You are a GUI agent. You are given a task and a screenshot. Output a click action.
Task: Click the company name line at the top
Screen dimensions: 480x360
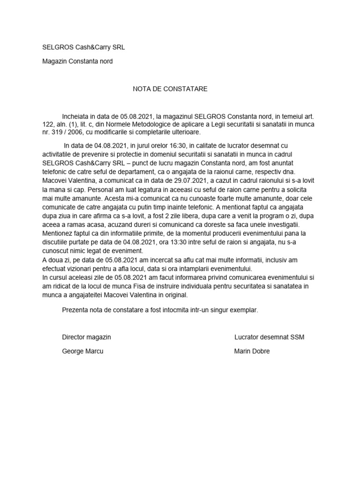point(84,47)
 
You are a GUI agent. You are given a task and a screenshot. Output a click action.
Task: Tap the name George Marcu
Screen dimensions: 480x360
point(82,351)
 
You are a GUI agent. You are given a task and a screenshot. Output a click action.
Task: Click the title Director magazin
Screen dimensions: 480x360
point(86,337)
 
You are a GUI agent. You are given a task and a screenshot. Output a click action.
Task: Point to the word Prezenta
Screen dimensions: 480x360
point(75,310)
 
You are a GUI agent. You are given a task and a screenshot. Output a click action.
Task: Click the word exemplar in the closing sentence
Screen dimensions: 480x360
point(243,310)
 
